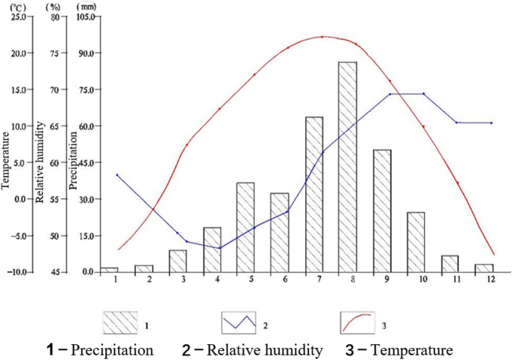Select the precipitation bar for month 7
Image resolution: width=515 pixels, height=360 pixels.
point(314,195)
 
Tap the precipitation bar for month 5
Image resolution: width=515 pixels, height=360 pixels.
point(245,227)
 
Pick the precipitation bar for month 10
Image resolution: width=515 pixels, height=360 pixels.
point(416,242)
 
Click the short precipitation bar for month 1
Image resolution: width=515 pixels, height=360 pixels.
point(109,269)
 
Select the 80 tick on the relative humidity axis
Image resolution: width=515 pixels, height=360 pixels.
point(53,17)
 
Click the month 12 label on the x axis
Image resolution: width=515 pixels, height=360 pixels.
point(492,280)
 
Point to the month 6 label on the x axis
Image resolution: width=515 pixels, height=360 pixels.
point(286,280)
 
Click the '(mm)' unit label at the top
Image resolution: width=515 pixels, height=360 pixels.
point(87,5)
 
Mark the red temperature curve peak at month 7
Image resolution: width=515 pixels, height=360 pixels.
point(322,37)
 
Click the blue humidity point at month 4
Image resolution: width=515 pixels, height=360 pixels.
point(220,248)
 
